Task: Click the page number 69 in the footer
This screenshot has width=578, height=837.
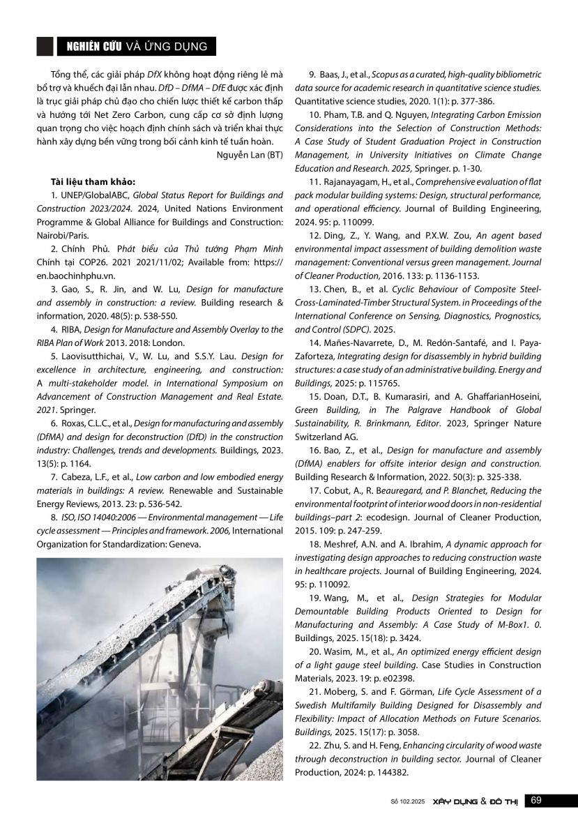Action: [x=536, y=800]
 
